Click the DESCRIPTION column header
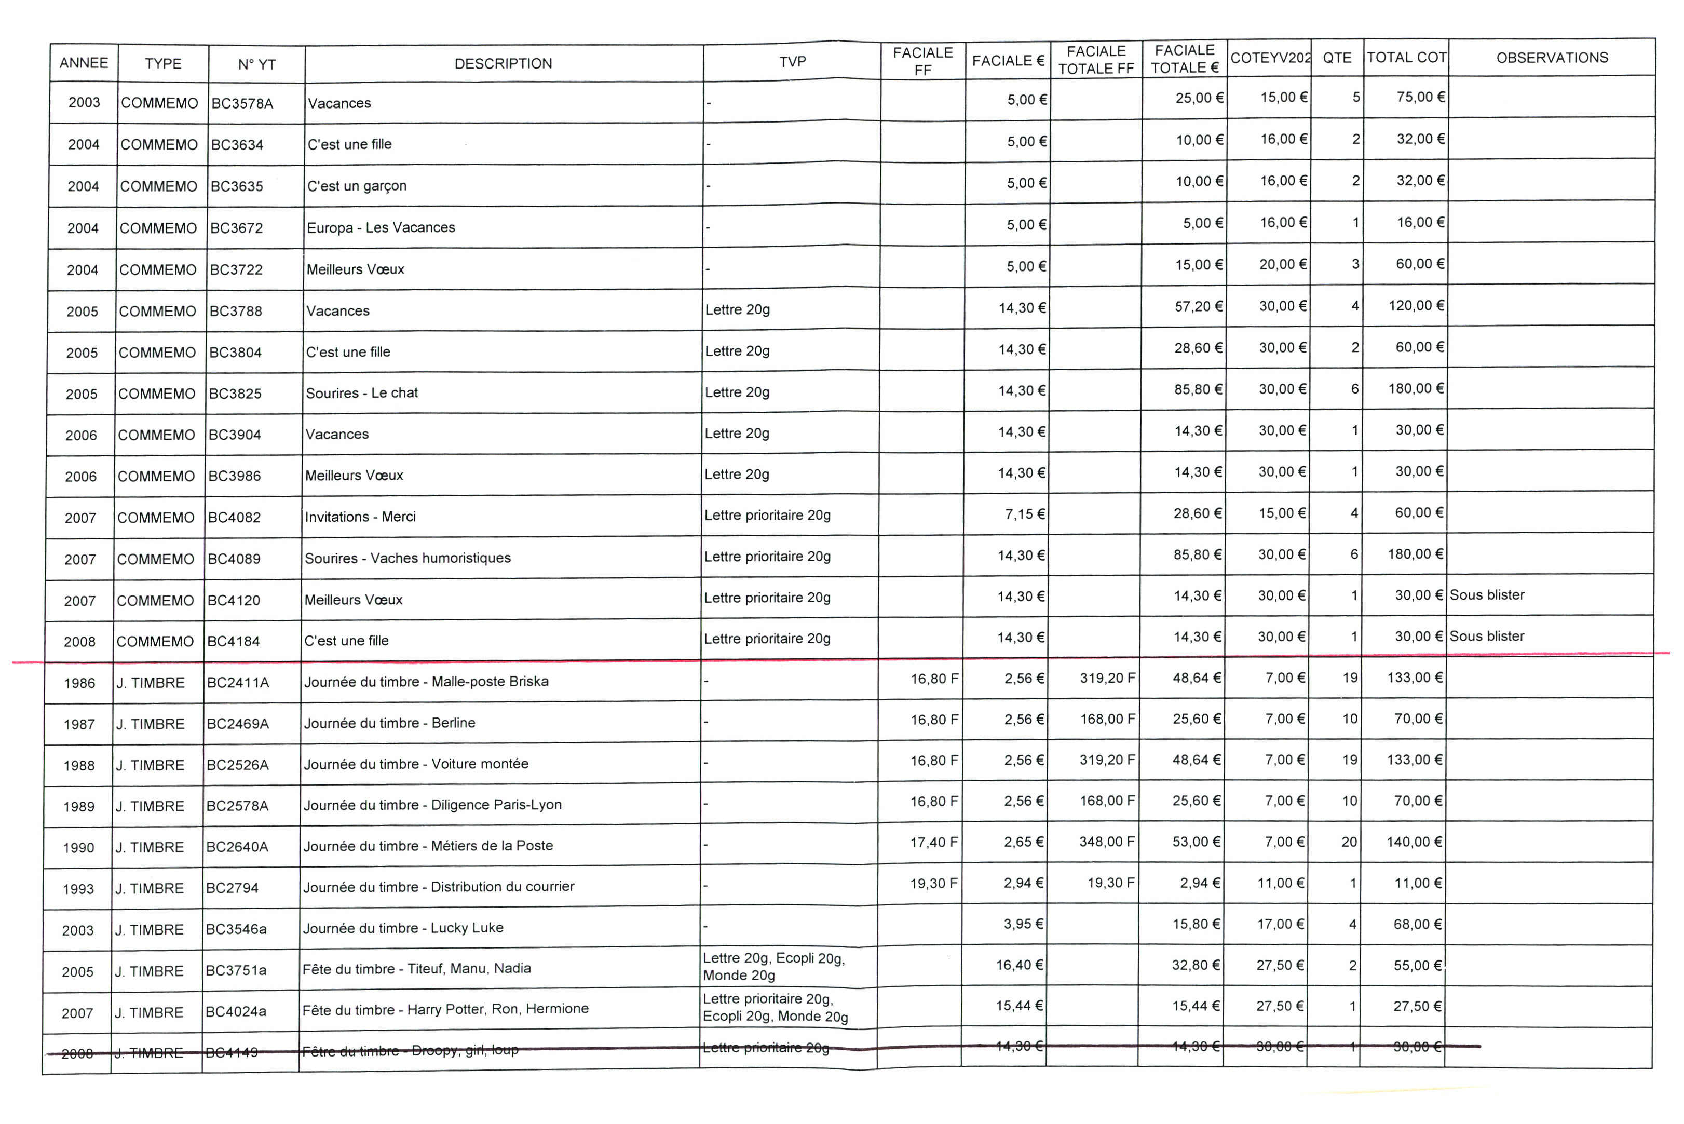[x=503, y=64]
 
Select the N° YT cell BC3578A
[x=242, y=103]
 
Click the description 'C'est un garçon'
[x=357, y=186]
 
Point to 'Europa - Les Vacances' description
[x=381, y=227]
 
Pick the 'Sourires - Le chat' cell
[x=362, y=393]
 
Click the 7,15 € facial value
[x=1025, y=514]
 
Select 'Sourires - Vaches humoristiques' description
[x=407, y=558]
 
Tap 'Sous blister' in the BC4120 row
[x=1487, y=595]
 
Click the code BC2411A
[x=238, y=682]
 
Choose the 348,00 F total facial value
[x=1107, y=842]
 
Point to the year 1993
[x=78, y=889]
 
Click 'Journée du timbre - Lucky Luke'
[x=403, y=928]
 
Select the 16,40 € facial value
[x=1019, y=965]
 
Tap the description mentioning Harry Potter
[x=445, y=1009]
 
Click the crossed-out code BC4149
[x=232, y=1052]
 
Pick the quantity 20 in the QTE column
[x=1349, y=842]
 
